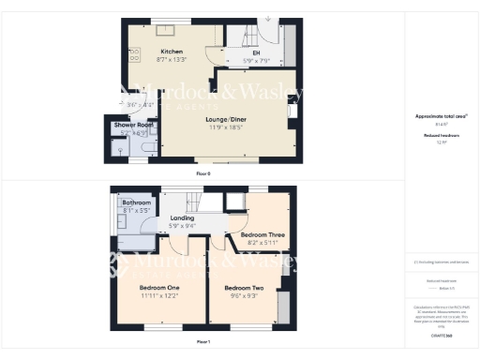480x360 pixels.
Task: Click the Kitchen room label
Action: (x=171, y=52)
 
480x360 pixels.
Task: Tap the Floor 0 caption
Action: (x=203, y=174)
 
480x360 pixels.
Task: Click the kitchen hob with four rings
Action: (x=133, y=52)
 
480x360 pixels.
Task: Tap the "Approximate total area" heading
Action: (x=440, y=116)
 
